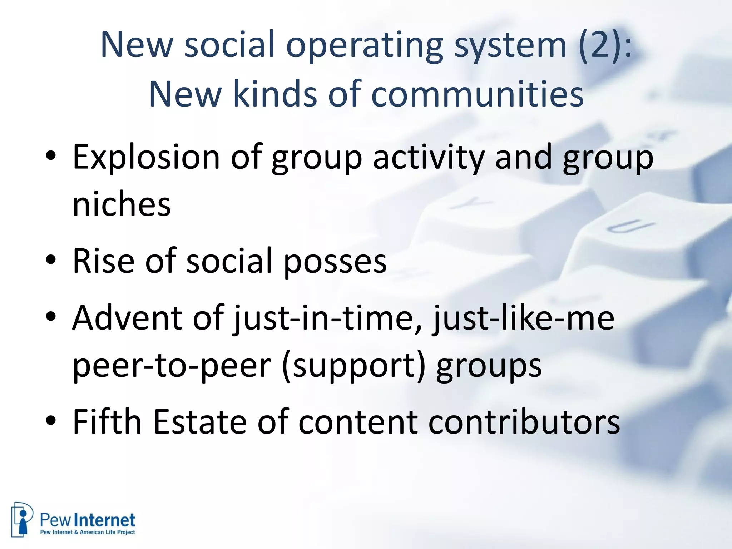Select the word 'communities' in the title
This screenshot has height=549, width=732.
coord(478,94)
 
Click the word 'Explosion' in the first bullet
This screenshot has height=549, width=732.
coord(146,157)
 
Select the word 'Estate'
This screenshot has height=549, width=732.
coord(200,422)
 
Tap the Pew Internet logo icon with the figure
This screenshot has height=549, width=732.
coord(22,519)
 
